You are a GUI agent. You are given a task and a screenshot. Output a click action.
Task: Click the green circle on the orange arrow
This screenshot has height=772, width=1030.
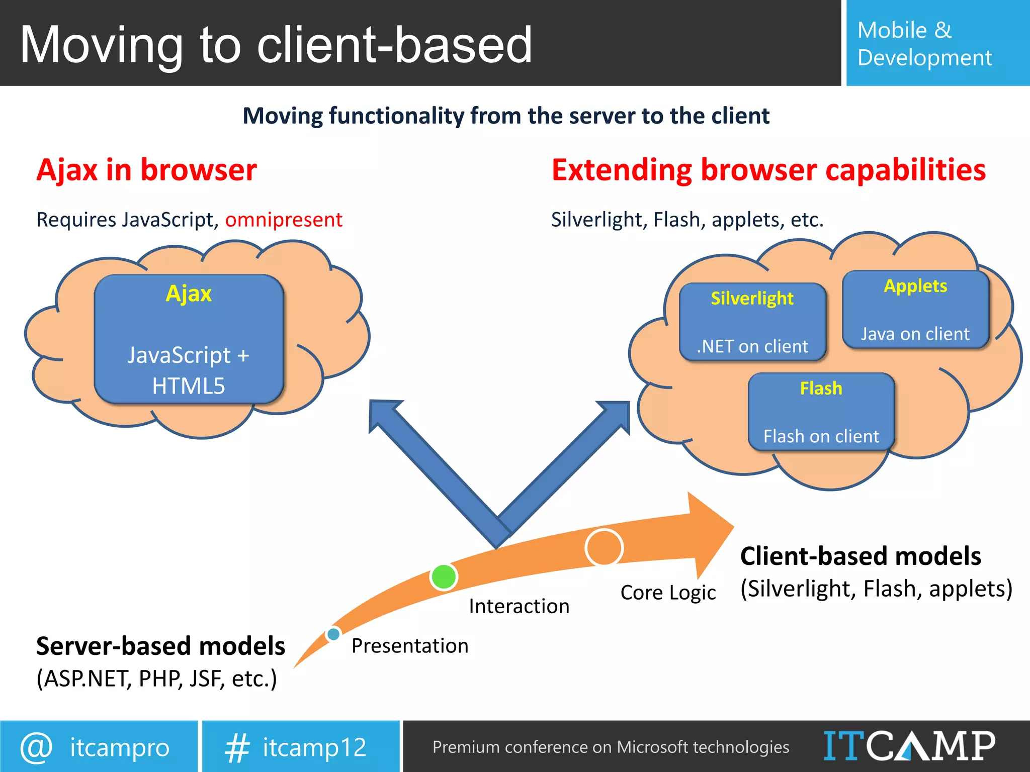[444, 576]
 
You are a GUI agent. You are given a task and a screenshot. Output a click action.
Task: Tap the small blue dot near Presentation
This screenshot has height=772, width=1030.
[333, 634]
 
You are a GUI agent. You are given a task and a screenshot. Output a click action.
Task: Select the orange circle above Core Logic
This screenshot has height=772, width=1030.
[604, 547]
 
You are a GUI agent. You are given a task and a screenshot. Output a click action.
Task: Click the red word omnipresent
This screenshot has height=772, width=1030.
[284, 220]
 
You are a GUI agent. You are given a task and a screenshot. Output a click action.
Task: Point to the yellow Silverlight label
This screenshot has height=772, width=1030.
[752, 299]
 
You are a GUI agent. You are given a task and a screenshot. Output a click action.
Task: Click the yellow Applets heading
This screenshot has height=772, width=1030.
[915, 286]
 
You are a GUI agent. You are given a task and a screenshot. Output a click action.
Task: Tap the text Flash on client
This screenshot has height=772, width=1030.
[821, 436]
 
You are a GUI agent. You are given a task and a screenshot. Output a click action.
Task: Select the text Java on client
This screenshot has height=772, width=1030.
[915, 334]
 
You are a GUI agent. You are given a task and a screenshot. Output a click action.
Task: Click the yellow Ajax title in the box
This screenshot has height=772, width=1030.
[189, 294]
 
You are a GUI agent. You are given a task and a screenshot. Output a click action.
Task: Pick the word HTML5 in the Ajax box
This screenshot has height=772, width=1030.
[189, 387]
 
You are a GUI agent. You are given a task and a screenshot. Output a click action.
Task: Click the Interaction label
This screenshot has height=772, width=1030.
[519, 606]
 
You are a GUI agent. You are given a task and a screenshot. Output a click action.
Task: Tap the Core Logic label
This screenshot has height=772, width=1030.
[668, 593]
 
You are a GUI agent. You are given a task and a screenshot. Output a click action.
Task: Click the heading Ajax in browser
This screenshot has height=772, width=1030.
[146, 170]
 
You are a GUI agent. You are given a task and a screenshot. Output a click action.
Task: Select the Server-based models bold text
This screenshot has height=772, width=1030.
[160, 646]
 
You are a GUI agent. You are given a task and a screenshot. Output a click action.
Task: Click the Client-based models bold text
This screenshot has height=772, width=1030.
[860, 556]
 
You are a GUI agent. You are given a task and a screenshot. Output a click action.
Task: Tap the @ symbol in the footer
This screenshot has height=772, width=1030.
[36, 747]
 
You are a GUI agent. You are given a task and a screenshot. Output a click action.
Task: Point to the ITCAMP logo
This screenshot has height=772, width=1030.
[909, 746]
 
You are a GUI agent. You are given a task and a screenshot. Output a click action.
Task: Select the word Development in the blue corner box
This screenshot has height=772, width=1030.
[924, 58]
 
